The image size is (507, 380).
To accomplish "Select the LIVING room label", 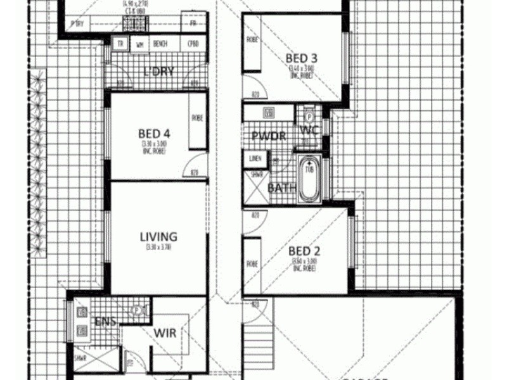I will (158, 237).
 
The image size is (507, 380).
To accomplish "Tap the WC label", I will (309, 130).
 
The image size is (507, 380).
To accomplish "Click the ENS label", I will (105, 322).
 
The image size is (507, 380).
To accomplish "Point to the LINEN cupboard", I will (255, 158).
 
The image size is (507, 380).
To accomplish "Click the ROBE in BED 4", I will (197, 118).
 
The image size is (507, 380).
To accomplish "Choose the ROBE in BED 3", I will (252, 40).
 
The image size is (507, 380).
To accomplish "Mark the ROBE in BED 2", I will (252, 263).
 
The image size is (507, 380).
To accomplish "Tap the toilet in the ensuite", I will (137, 311).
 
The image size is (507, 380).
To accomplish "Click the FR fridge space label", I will (193, 23).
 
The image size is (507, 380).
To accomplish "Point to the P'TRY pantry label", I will (77, 24).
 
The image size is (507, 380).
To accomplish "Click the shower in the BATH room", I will (255, 183).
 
